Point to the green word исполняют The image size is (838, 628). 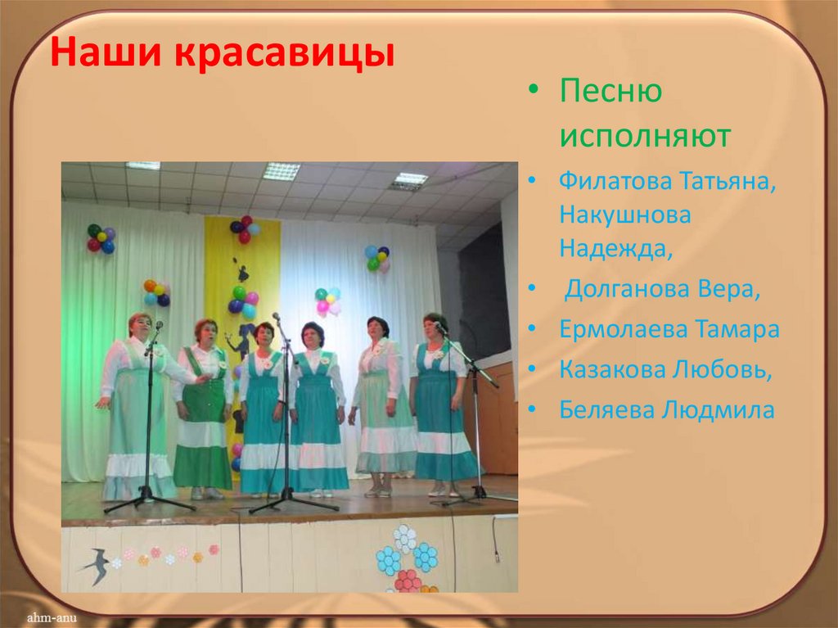click(645, 136)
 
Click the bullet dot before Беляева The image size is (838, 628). click(534, 410)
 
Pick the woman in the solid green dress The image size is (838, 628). click(202, 409)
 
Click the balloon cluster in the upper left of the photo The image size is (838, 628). click(101, 238)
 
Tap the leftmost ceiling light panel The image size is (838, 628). click(142, 165)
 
